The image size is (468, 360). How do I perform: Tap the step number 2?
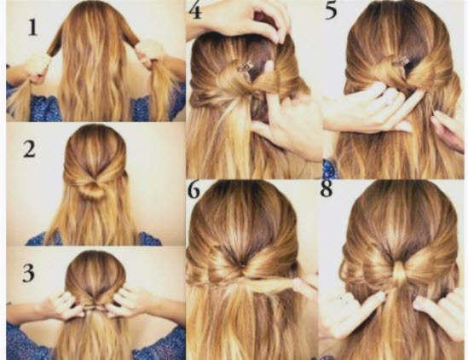point(30,150)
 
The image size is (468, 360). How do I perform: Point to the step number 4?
point(195,12)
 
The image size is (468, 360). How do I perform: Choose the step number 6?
point(195,190)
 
